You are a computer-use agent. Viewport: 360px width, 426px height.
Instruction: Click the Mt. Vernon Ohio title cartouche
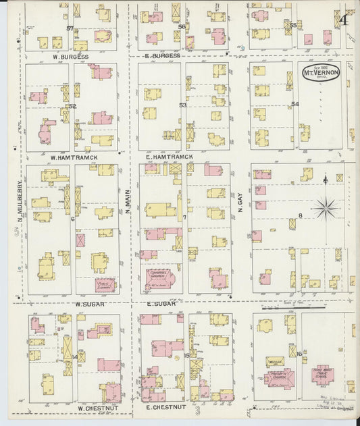click(320, 72)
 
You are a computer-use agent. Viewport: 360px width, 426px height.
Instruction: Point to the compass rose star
click(326, 207)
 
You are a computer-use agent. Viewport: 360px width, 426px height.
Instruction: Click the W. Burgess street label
click(70, 57)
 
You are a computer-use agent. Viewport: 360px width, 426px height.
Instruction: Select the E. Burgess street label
click(162, 55)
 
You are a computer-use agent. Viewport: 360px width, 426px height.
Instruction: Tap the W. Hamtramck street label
click(74, 157)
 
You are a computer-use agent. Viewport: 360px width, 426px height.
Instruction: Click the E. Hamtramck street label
click(170, 157)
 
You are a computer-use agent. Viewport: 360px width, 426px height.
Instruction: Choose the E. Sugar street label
click(161, 304)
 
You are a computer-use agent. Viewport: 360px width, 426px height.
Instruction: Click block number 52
click(73, 106)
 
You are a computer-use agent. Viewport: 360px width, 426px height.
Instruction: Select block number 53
click(182, 105)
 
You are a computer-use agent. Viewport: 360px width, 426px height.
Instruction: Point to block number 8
click(300, 216)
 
